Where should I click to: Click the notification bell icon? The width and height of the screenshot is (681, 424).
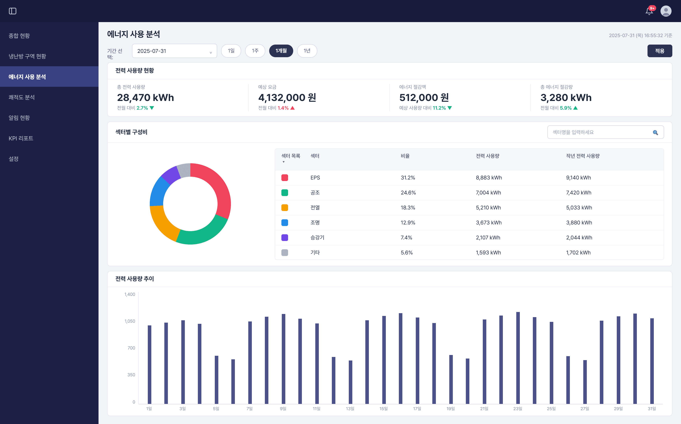[649, 11]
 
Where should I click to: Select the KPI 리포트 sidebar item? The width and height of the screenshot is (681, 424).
[21, 138]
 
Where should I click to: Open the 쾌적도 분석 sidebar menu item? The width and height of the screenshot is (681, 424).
[21, 97]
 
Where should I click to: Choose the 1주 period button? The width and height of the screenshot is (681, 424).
[255, 51]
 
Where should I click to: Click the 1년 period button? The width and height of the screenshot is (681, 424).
[307, 51]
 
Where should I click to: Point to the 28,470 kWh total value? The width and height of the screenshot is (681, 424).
[145, 98]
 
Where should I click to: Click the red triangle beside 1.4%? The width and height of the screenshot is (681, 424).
[292, 108]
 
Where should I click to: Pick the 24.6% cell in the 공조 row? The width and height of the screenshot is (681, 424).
[408, 193]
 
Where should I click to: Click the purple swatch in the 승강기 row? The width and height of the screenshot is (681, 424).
[285, 237]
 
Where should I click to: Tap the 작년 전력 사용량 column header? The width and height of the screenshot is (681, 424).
[583, 156]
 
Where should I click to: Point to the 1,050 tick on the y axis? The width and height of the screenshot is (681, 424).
[130, 321]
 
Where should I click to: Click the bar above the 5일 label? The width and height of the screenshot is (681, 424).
[216, 380]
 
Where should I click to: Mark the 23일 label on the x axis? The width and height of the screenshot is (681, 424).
[518, 409]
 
